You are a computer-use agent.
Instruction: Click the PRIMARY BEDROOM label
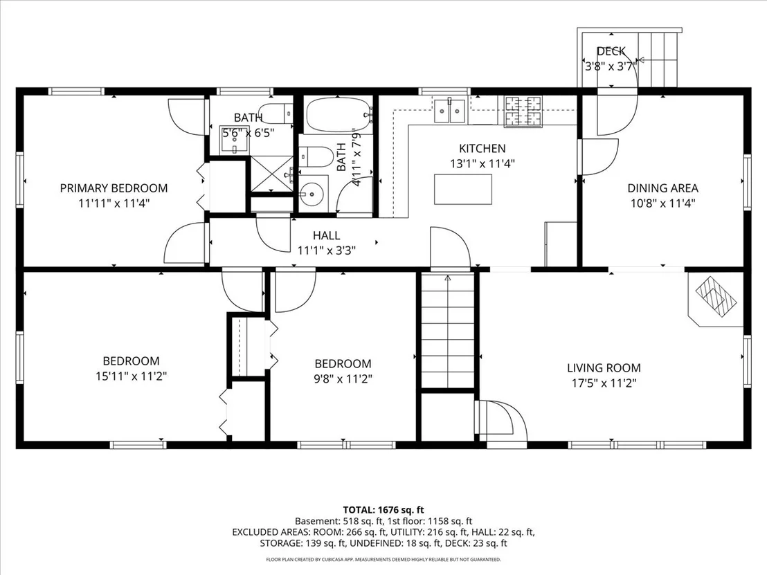pos(114,188)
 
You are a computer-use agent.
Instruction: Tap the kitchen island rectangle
pos(462,189)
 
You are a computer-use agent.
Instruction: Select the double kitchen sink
pos(449,111)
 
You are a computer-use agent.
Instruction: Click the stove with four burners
pos(523,111)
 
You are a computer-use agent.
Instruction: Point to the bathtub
pos(339,115)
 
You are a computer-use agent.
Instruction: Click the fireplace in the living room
pos(716,299)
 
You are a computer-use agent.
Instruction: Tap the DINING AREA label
pos(662,188)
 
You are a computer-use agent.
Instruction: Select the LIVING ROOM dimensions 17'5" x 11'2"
pos(604,383)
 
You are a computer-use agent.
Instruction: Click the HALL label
pos(326,236)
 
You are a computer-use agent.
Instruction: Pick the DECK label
pos(611,51)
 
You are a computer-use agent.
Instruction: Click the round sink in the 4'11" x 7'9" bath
pos(311,194)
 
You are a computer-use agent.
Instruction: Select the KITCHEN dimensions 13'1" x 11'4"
pos(482,164)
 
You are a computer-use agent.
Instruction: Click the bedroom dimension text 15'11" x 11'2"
pos(131,376)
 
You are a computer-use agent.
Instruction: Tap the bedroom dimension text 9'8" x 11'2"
pos(343,379)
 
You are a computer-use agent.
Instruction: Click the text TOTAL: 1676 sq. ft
pos(383,511)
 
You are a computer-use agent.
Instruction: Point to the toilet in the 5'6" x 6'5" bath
pos(276,113)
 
